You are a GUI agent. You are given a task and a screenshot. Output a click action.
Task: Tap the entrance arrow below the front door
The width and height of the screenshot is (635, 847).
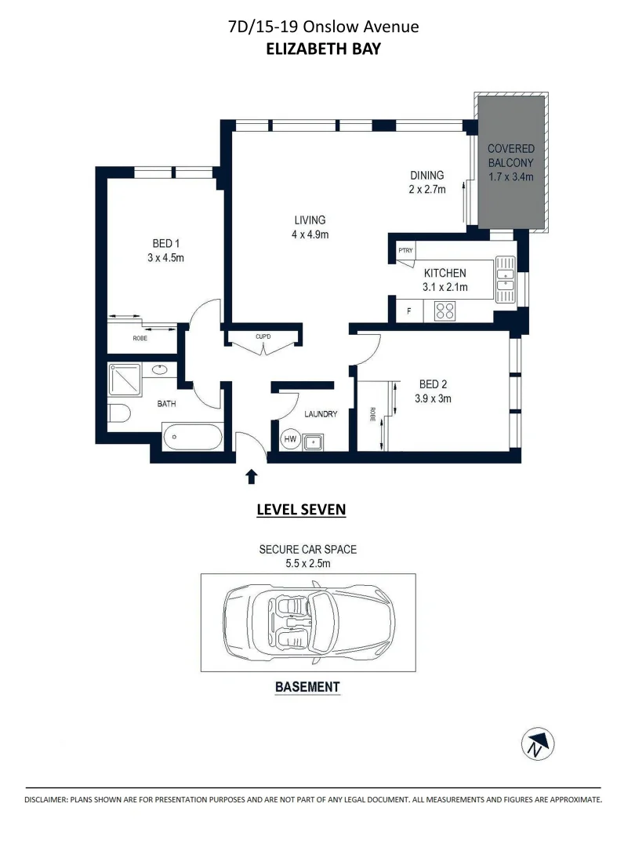(252, 475)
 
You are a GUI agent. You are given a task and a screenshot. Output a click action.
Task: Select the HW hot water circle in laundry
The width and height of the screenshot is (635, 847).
(290, 441)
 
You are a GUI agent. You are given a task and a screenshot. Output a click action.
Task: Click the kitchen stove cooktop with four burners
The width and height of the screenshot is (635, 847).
(445, 311)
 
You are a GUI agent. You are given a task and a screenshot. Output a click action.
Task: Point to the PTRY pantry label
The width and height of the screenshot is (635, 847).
(405, 251)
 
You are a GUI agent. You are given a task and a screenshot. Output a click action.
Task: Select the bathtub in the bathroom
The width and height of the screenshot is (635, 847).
(192, 436)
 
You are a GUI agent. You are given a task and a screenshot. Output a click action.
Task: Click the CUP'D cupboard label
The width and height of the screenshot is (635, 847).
(263, 337)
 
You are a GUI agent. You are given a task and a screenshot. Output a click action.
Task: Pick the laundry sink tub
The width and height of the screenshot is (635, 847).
(316, 442)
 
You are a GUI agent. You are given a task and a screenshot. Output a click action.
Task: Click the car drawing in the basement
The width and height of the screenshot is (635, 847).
(308, 622)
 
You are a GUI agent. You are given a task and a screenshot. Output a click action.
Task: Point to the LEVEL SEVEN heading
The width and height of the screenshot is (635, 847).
(301, 510)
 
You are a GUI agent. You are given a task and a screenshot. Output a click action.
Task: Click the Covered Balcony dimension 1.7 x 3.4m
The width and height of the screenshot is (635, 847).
(510, 176)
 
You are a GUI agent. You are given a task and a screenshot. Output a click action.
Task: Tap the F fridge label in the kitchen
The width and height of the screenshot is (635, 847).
(408, 311)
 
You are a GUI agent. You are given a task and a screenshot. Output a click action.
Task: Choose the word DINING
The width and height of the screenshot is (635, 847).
(427, 176)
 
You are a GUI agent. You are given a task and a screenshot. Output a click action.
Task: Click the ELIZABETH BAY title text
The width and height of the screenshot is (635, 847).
(323, 49)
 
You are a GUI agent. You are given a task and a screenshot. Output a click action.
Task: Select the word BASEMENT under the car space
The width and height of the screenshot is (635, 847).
(307, 687)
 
